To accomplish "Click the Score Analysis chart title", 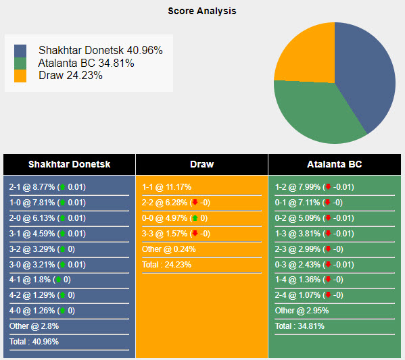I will (x=202, y=11).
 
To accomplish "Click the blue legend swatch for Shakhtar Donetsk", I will (x=20, y=51).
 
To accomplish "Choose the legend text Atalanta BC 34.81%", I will (x=87, y=63).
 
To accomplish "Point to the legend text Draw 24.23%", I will (x=70, y=76).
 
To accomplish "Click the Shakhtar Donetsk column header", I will (x=69, y=164).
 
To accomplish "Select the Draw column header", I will (x=201, y=164).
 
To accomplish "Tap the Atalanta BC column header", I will (x=335, y=164).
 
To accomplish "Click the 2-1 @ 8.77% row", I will (x=47, y=187).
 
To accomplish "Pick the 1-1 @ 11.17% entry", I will (x=166, y=187).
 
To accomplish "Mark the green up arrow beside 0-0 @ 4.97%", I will (x=194, y=218).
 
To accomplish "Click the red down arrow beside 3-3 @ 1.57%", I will (x=194, y=234).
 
